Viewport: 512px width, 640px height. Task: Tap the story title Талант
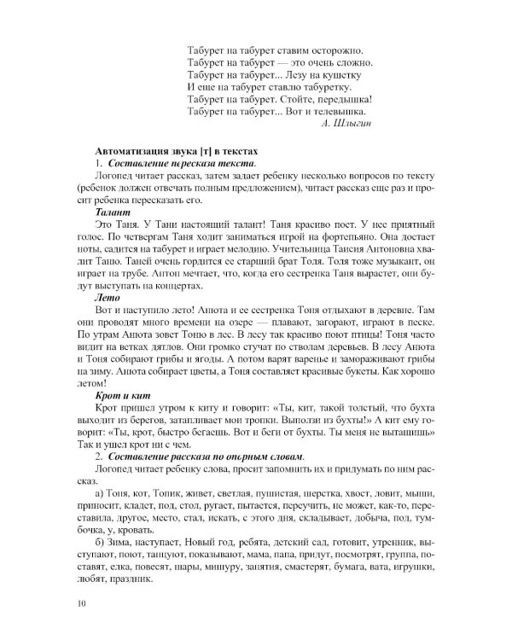coord(114,210)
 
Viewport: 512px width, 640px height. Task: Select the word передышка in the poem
coord(346,99)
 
